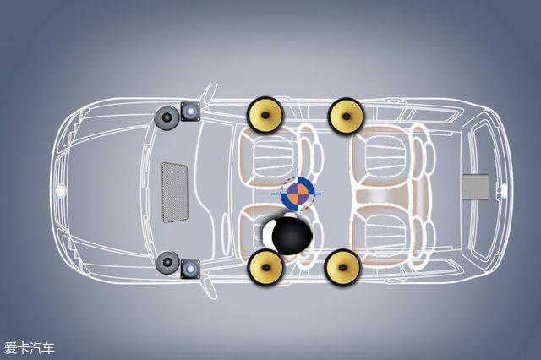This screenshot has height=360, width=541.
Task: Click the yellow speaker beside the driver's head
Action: coord(266,268)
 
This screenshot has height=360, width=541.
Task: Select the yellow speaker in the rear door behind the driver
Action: coord(342,268)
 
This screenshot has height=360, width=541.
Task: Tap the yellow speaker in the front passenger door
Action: coord(264,115)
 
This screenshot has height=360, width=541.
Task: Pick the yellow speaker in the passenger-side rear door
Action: coord(346,115)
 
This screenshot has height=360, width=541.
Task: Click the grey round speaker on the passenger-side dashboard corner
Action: coord(167,117)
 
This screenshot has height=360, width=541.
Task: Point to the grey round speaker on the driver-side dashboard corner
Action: coord(167,262)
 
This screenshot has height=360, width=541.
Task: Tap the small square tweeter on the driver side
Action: coord(190,269)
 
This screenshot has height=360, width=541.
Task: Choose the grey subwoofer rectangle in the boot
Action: coord(475,187)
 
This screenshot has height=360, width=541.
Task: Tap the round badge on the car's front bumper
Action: coord(61,191)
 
